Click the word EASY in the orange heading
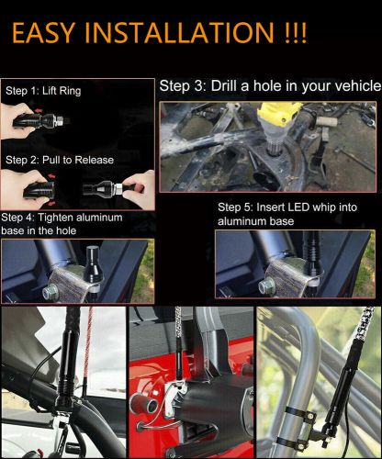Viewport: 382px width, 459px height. tap(43, 32)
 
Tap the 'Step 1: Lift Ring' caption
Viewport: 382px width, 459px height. tap(43, 91)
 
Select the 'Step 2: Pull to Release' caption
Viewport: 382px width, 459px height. tap(60, 160)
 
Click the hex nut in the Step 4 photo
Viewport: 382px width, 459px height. tap(51, 292)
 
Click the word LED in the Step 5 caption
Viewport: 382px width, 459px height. tap(298, 207)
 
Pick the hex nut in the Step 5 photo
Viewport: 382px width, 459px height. tap(267, 286)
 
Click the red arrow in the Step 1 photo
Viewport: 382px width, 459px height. tap(39, 110)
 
